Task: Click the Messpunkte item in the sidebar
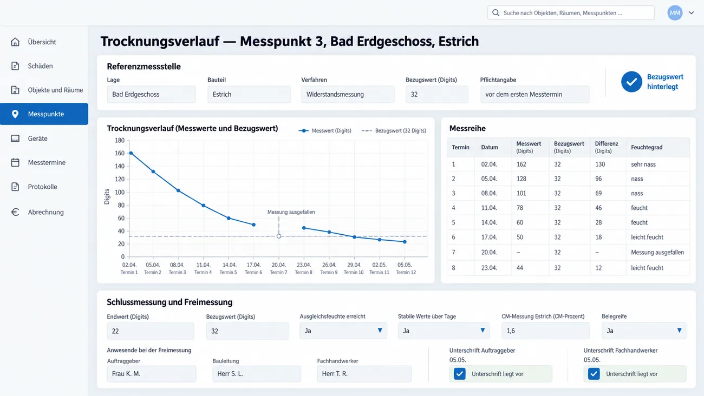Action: [x=44, y=114]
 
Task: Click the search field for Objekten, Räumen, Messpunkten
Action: [x=571, y=13]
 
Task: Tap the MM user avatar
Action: [x=675, y=13]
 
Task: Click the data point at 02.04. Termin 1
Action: [x=131, y=153]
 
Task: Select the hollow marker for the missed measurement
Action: [x=279, y=236]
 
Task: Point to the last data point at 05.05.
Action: [x=405, y=242]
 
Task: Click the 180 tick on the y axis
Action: [x=120, y=140]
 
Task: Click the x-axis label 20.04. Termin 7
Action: [x=279, y=268]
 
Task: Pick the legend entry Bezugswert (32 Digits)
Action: [x=394, y=130]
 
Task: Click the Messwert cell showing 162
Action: [x=522, y=164]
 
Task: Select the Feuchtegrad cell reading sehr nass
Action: [x=643, y=164]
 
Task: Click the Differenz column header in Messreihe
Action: [x=607, y=147]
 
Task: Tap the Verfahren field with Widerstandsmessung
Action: [x=348, y=95]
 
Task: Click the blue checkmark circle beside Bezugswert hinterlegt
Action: [x=631, y=82]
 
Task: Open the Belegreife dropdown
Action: [x=644, y=331]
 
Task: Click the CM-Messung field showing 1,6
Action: [x=545, y=331]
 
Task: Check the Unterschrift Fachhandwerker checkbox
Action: [x=594, y=374]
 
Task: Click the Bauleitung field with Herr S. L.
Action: [x=257, y=374]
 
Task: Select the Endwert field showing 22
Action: [x=150, y=331]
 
